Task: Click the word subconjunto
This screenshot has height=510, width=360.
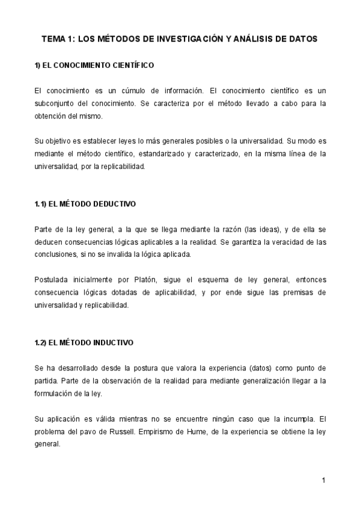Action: pos(57,103)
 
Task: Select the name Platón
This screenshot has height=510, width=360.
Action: pos(148,280)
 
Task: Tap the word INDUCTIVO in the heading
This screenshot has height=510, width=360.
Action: pos(112,343)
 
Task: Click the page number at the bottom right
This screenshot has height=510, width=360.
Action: pos(323,480)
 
